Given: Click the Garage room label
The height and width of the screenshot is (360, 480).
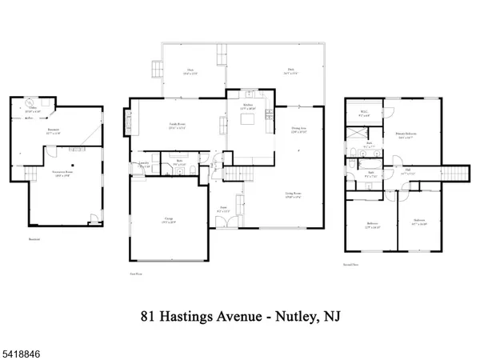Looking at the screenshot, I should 170,219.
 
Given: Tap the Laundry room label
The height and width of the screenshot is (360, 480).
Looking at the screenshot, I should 144,163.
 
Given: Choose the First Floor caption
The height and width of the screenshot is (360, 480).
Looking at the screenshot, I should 136,272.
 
